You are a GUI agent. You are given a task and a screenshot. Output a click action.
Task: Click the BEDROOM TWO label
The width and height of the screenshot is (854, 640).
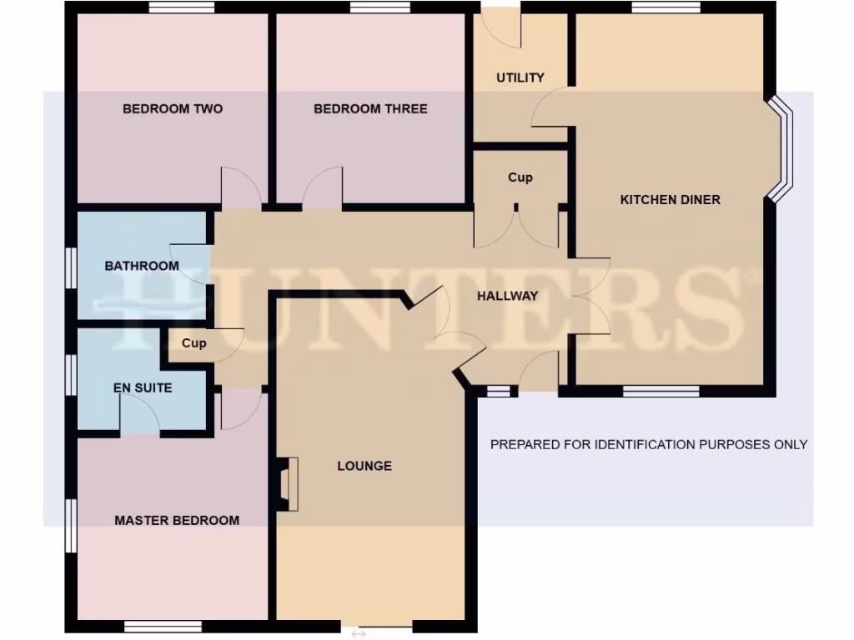(173, 108)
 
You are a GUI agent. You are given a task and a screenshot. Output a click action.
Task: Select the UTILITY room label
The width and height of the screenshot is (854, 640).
(520, 77)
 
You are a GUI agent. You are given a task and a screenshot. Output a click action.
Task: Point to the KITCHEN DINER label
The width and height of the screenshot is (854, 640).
(670, 200)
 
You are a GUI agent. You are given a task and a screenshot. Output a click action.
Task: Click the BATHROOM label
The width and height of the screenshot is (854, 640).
(141, 266)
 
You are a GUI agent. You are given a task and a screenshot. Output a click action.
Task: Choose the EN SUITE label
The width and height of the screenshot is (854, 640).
(143, 387)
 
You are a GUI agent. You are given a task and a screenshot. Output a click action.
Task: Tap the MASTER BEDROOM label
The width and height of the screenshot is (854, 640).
(177, 520)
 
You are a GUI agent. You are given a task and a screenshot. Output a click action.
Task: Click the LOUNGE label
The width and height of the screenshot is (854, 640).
(364, 466)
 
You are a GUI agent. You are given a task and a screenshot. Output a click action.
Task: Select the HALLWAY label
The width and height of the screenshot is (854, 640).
(507, 296)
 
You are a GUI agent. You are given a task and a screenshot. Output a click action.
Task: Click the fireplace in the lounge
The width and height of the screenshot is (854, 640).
(287, 483)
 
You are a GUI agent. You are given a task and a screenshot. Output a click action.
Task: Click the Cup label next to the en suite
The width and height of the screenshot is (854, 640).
(193, 343)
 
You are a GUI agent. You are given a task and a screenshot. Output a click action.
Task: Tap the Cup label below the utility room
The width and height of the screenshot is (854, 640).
(520, 177)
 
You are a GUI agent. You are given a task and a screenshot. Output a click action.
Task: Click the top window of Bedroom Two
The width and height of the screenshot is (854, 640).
(182, 7)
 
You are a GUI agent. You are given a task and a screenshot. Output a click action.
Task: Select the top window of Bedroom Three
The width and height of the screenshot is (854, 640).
(380, 7)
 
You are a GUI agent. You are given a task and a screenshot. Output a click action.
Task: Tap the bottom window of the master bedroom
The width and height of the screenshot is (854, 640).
(163, 626)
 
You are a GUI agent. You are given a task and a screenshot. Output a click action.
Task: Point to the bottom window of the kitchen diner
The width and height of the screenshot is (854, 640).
(661, 390)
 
